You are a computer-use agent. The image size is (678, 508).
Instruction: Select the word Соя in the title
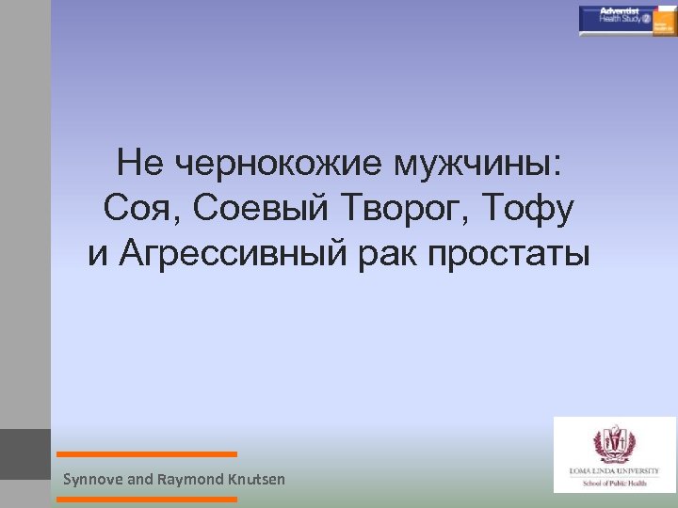[x=135, y=210]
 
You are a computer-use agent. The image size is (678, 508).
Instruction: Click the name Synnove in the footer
[x=93, y=480]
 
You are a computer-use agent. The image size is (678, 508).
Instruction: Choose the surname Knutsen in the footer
[x=253, y=480]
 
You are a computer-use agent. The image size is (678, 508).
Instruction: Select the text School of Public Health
[x=615, y=479]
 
